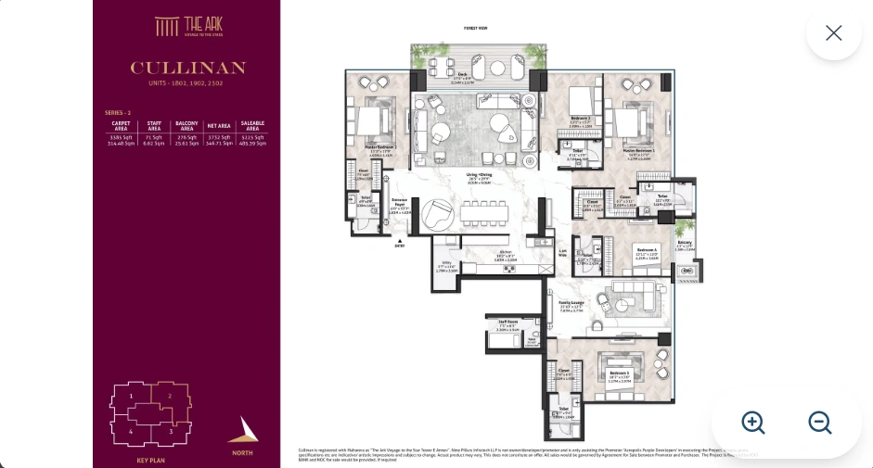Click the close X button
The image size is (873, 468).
(x=833, y=33)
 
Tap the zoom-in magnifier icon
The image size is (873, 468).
(x=753, y=423)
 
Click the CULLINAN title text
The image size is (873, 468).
(x=187, y=69)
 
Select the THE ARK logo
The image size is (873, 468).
(x=188, y=26)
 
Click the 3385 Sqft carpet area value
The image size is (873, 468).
(x=122, y=137)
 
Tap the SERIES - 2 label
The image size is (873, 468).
(x=117, y=112)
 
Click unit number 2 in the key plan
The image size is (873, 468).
(x=170, y=396)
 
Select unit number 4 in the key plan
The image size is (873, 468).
(x=131, y=431)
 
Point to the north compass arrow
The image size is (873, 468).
(x=242, y=431)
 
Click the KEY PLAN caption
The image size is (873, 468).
(x=150, y=461)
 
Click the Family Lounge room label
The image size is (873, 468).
(x=571, y=303)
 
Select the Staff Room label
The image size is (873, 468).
(x=507, y=324)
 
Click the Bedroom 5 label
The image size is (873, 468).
(x=619, y=376)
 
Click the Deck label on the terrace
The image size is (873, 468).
(x=462, y=77)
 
